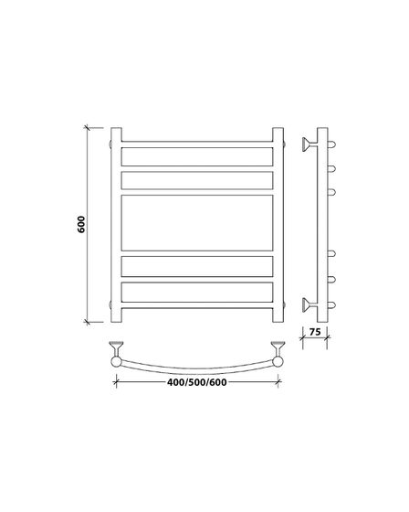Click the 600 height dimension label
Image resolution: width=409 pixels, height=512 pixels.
(x=81, y=224)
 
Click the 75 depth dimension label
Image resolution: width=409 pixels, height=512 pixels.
(x=315, y=332)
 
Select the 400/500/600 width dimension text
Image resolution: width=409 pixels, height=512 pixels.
(x=196, y=382)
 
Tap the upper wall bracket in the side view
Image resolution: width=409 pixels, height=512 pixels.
(x=309, y=144)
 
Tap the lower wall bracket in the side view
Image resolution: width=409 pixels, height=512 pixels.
(x=309, y=305)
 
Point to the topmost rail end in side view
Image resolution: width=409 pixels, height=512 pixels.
(x=331, y=144)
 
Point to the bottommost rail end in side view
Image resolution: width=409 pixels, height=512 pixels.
(x=331, y=305)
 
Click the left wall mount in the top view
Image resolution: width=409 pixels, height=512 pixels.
(x=116, y=347)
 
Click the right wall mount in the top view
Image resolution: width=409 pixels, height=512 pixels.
(x=278, y=347)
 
